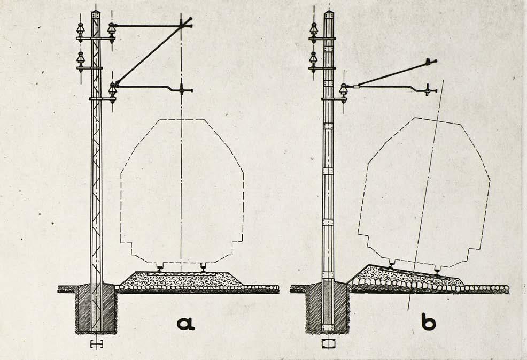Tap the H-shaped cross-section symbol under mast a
[x=96, y=343]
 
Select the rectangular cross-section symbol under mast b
[x=328, y=343]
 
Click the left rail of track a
[x=159, y=266]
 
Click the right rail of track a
[x=203, y=266]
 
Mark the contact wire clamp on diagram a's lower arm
[x=182, y=89]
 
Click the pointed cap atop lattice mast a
[x=96, y=12]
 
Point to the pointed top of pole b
[x=328, y=13]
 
